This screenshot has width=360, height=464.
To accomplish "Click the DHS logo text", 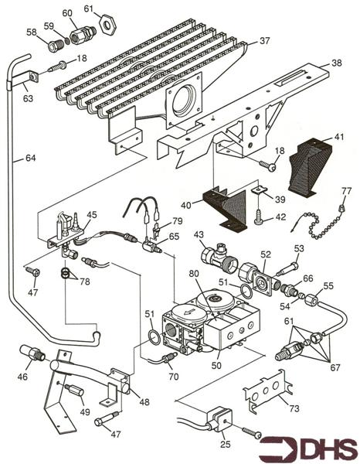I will tap(320, 448).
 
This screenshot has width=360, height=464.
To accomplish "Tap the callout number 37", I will tap(264, 40).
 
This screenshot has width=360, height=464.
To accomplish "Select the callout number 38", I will tap(336, 63).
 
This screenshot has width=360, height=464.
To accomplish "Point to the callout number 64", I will tap(30, 159).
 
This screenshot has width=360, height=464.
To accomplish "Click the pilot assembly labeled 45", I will tap(66, 232).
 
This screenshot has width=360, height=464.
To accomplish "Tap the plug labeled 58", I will tap(54, 46).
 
